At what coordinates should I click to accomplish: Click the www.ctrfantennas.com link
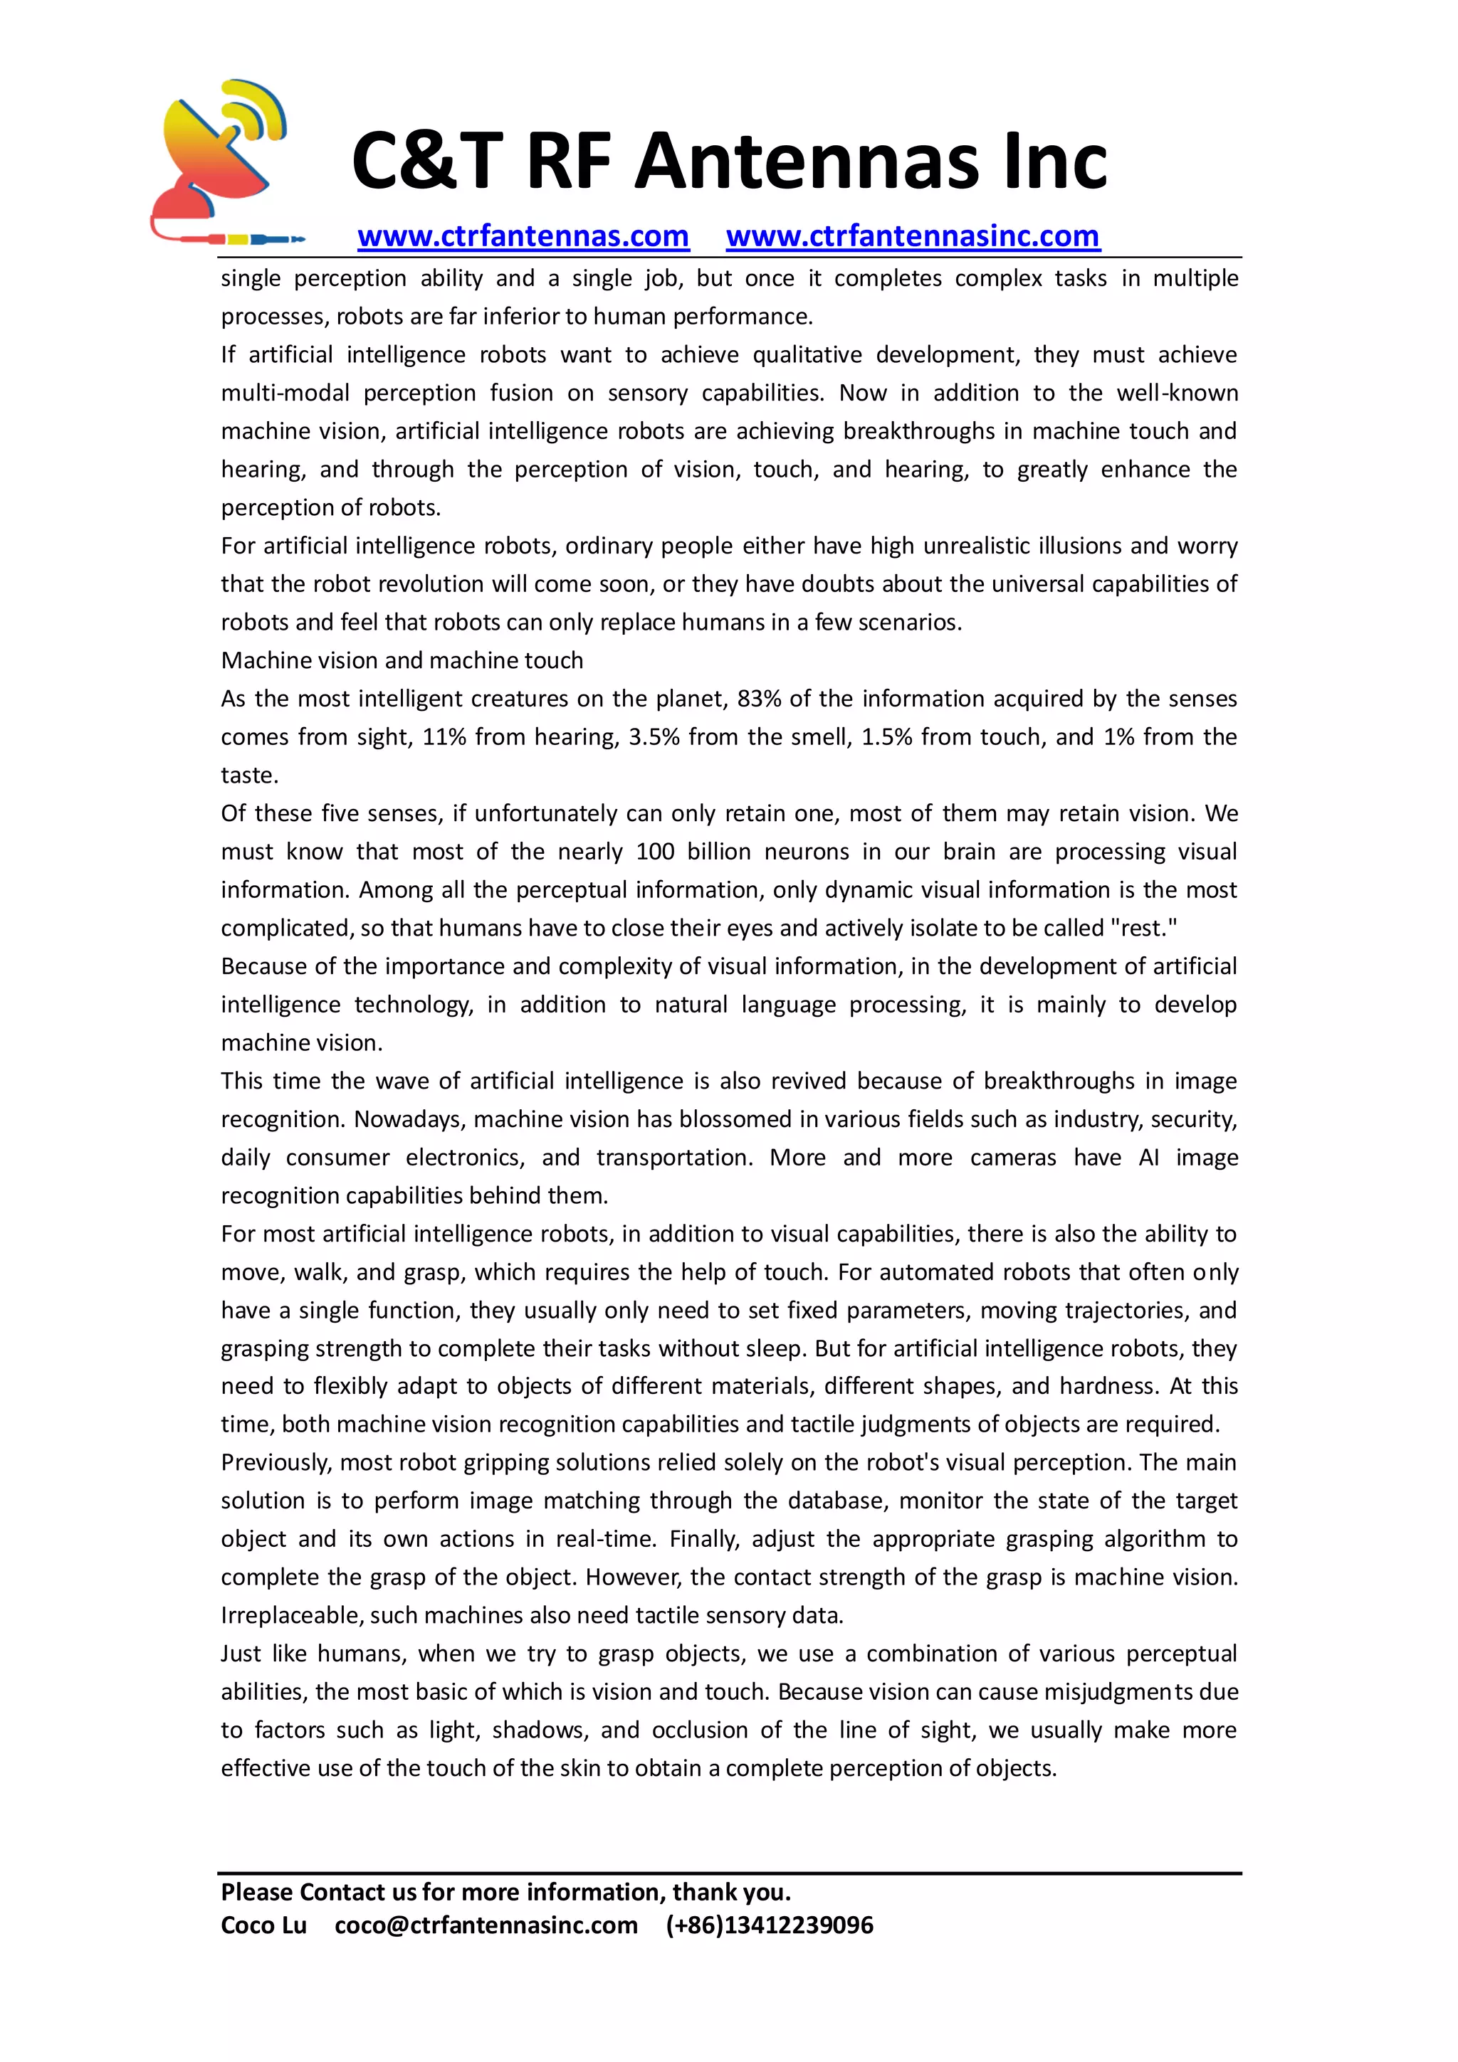pyautogui.click(x=523, y=236)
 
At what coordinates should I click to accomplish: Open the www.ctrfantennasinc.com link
pyautogui.click(x=912, y=236)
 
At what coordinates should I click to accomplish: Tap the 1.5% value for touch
pyautogui.click(x=886, y=737)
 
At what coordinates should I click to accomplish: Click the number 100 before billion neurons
pyautogui.click(x=655, y=852)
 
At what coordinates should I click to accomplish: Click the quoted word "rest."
pyautogui.click(x=1143, y=928)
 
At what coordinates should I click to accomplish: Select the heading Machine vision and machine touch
pyautogui.click(x=402, y=661)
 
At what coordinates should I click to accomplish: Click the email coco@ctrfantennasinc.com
pyautogui.click(x=486, y=1925)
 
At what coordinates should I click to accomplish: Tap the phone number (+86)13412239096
pyautogui.click(x=769, y=1925)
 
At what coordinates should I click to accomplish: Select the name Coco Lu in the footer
pyautogui.click(x=263, y=1925)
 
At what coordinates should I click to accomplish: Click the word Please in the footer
pyautogui.click(x=256, y=1892)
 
